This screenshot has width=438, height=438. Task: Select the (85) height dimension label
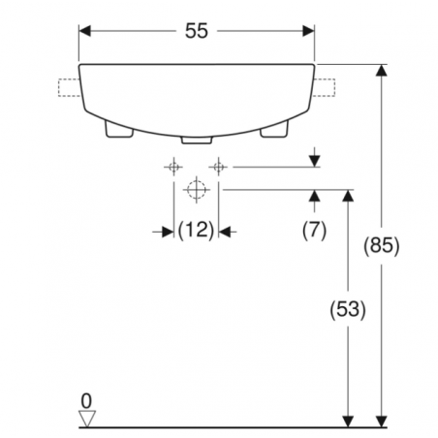[x=385, y=245]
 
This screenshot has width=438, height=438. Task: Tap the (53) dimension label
[x=346, y=310]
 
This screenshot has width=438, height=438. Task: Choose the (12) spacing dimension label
[x=197, y=231]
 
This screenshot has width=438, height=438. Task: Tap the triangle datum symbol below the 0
[x=85, y=418]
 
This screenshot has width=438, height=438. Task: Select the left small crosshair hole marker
[x=174, y=167]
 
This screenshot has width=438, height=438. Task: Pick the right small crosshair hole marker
[x=220, y=167]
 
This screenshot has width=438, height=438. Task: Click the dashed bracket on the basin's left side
[x=69, y=90]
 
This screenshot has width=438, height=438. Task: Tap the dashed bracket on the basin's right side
[x=325, y=90]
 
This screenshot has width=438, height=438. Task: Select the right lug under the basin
[x=277, y=130]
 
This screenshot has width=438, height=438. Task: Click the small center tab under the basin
[x=197, y=139]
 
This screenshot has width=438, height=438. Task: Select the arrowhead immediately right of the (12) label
[x=227, y=231]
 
